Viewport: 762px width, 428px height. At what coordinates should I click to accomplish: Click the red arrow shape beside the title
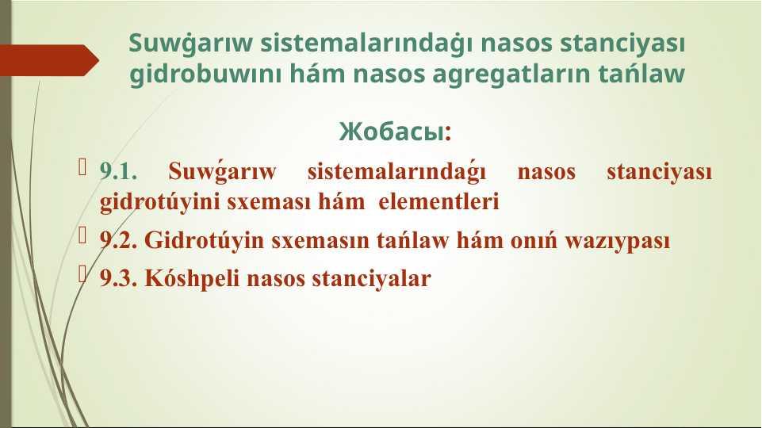[48, 60]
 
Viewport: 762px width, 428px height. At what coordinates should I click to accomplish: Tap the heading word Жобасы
[391, 132]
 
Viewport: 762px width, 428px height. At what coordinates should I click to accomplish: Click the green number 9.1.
[118, 171]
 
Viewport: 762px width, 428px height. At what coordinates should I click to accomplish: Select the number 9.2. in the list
[118, 240]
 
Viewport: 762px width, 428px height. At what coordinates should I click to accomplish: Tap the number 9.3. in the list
[118, 278]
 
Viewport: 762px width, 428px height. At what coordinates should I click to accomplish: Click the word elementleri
[438, 201]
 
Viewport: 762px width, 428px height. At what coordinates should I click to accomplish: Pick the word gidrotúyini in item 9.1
[160, 202]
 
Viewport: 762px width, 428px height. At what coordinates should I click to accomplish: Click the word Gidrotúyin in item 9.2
[204, 240]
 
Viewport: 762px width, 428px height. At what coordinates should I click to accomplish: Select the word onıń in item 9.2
[534, 240]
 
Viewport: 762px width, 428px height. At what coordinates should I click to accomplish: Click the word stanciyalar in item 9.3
[371, 279]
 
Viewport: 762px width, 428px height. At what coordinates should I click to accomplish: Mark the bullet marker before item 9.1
[82, 167]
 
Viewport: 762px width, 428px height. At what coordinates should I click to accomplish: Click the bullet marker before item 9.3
[82, 274]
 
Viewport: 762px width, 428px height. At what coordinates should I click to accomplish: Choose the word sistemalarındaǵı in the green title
[366, 43]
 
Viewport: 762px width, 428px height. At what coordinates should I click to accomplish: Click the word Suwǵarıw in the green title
[190, 44]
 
